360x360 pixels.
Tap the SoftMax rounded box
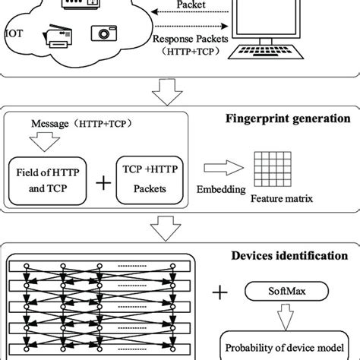tap(280, 289)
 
